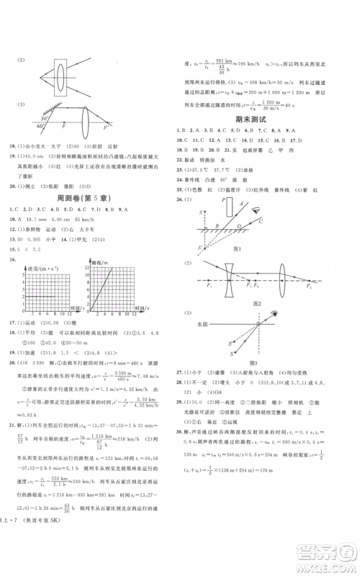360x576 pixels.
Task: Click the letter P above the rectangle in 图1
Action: tap(225, 197)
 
